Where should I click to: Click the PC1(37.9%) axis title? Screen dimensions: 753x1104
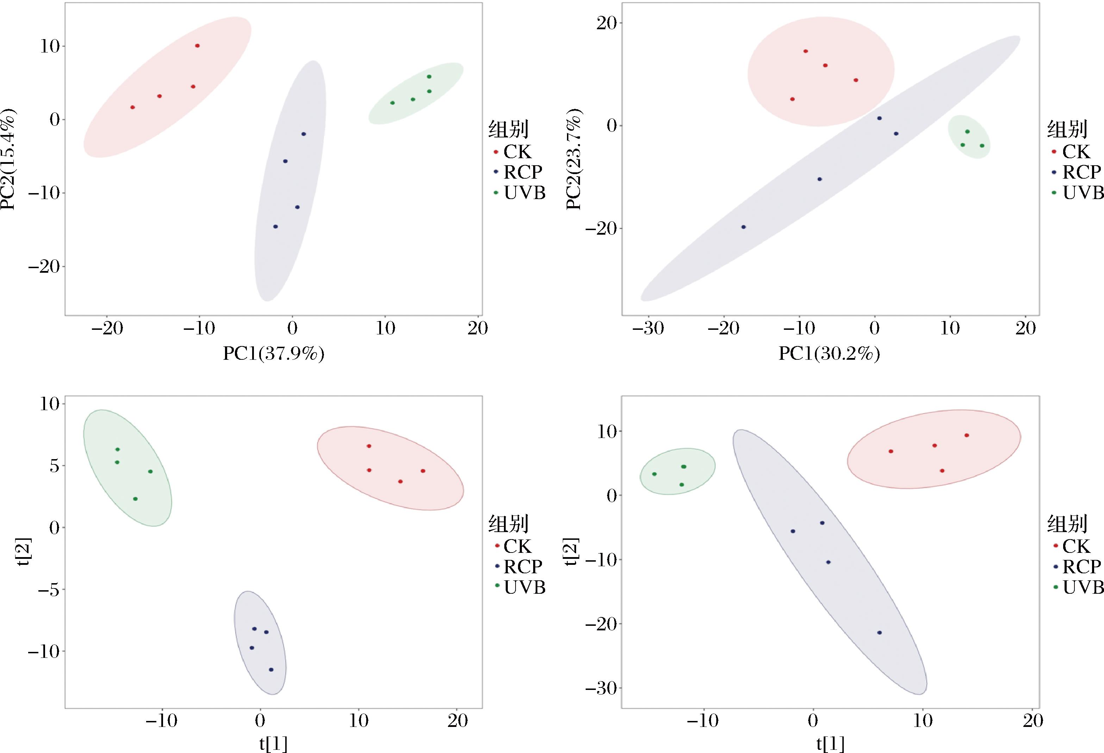click(x=274, y=354)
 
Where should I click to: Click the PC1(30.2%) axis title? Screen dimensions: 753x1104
click(x=829, y=354)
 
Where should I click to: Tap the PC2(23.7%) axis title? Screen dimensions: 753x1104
click(x=574, y=159)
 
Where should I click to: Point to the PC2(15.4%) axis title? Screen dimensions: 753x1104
click(x=8, y=159)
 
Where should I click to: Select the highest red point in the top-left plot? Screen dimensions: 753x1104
click(x=197, y=46)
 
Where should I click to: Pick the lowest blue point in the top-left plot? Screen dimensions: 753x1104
click(x=275, y=227)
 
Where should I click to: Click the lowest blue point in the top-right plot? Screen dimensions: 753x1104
click(x=743, y=227)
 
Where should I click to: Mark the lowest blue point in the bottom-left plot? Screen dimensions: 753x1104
click(x=271, y=670)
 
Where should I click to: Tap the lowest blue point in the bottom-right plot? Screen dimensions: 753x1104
click(x=879, y=633)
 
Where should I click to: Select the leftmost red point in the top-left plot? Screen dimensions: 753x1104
click(x=132, y=107)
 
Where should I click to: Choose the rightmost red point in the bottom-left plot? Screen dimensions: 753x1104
click(x=423, y=471)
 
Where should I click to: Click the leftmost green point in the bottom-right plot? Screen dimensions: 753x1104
click(x=654, y=474)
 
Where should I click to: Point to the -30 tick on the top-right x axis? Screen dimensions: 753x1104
click(x=648, y=328)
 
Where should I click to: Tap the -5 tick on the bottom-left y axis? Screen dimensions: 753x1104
click(x=49, y=590)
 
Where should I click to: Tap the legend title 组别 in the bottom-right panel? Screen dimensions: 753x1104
click(x=1067, y=524)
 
